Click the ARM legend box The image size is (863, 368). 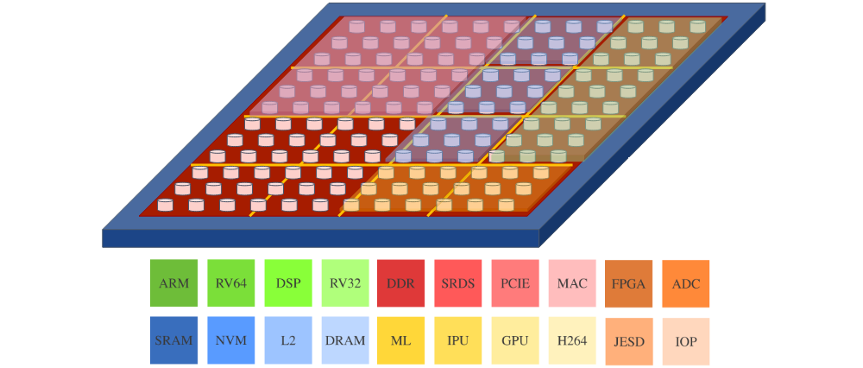[x=173, y=282]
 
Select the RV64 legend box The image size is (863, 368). [x=230, y=282]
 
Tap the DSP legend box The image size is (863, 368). [x=287, y=282]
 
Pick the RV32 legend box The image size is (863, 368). [x=344, y=282]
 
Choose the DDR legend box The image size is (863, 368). [x=401, y=282]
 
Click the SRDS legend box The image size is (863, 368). [x=458, y=282]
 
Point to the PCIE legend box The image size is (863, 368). [x=515, y=282]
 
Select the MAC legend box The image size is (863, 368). [x=572, y=282]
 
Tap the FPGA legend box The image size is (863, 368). [x=629, y=283]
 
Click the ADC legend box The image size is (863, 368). [x=686, y=283]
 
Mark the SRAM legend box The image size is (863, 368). [x=173, y=340]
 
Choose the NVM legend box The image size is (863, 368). [x=230, y=340]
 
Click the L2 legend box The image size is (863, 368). [x=287, y=340]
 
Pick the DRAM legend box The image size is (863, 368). [x=344, y=340]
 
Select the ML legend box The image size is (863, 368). [x=401, y=340]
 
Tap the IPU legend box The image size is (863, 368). [x=458, y=340]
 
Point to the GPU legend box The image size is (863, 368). [x=515, y=340]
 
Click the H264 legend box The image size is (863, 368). [x=572, y=340]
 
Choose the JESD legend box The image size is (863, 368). [x=629, y=341]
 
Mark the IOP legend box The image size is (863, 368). [x=686, y=341]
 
